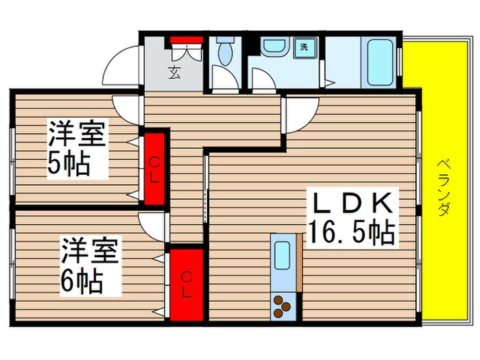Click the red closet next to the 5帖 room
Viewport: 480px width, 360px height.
[x=155, y=167]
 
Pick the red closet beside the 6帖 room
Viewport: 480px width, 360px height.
[x=187, y=284]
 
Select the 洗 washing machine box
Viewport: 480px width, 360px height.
[x=303, y=47]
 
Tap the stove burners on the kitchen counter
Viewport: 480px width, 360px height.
[x=283, y=305]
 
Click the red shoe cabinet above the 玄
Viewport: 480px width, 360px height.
[x=186, y=39]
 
